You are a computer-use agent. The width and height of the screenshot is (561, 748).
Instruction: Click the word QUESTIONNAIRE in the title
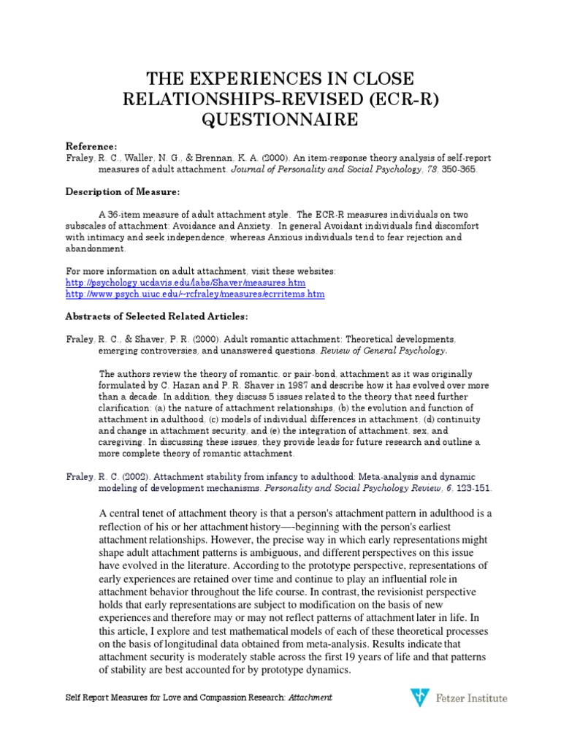[280, 118]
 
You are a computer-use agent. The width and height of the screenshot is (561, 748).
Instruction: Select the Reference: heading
[91, 146]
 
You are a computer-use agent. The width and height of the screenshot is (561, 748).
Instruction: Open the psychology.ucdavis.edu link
[186, 282]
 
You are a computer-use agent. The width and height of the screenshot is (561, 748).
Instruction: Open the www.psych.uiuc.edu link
[195, 294]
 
